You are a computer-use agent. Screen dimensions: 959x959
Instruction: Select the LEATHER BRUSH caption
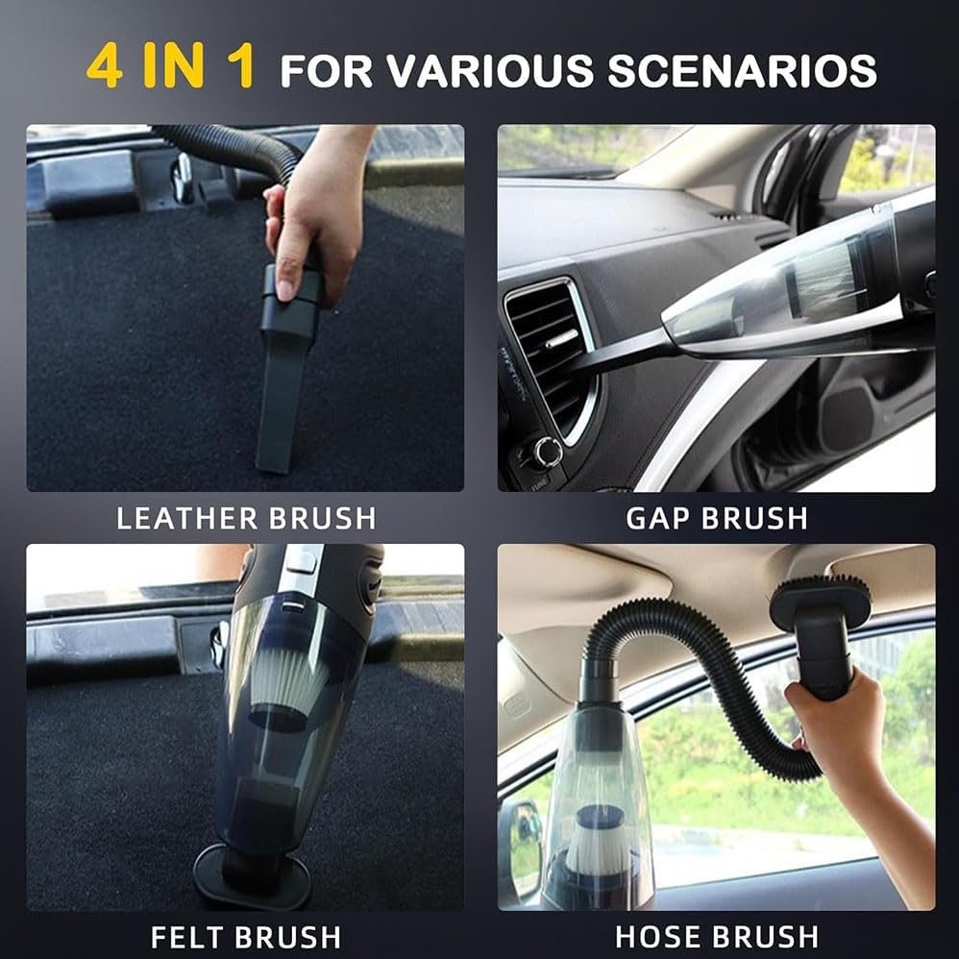pos(246,518)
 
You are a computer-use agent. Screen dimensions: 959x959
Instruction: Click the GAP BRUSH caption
pos(717,518)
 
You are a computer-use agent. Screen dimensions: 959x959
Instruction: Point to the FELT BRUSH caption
pos(246,936)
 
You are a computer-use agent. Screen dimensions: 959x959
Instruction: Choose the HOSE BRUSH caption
pos(717,936)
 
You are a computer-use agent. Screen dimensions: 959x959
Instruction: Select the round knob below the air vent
pos(548,449)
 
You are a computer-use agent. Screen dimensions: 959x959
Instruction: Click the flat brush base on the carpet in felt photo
pos(252,876)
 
